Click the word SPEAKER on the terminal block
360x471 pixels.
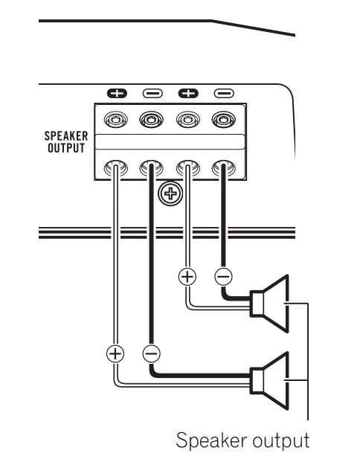coord(66,136)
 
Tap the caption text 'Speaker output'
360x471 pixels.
coord(242,440)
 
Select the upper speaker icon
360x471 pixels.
coord(273,302)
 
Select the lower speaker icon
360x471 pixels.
coord(273,378)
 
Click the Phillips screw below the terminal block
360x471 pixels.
coord(171,195)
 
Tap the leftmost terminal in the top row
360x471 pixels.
coord(115,118)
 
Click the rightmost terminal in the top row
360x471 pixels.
coord(222,118)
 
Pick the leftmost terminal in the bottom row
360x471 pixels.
coord(115,169)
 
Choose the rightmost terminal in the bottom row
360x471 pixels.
coord(222,169)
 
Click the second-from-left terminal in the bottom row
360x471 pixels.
coord(151,169)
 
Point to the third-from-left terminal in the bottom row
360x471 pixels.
coord(187,169)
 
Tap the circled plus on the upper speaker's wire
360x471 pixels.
coord(187,277)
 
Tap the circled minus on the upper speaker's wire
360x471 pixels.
coord(222,277)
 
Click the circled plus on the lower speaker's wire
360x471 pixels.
coord(115,353)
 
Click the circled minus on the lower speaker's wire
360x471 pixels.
coord(151,353)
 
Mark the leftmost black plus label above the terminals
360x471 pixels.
coord(117,94)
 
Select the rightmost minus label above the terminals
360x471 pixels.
coord(223,94)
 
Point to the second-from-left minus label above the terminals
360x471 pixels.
coord(152,94)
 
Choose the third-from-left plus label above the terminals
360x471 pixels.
coord(188,94)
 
